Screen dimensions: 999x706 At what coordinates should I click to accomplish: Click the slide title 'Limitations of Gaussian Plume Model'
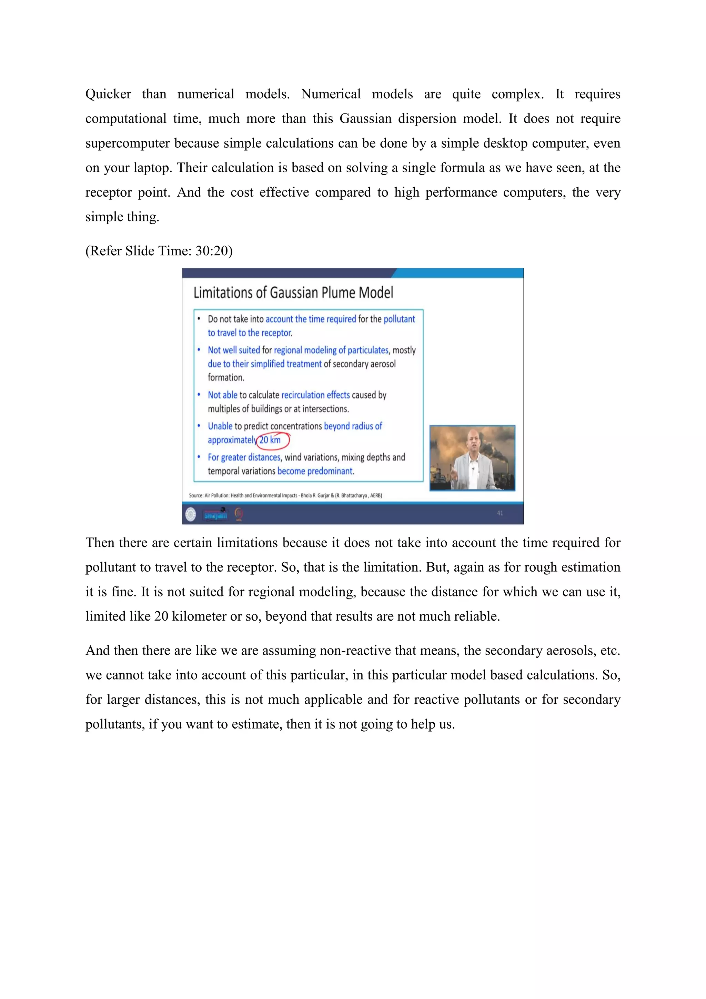click(x=293, y=293)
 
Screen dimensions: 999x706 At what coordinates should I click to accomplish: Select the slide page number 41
click(x=500, y=513)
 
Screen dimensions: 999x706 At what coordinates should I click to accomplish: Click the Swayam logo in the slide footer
click(x=215, y=514)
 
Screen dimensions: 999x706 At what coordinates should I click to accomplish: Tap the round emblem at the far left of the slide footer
click(x=190, y=514)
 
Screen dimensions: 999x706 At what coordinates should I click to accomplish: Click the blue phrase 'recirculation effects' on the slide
click(x=316, y=395)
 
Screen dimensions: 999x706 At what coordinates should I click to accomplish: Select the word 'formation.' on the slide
click(x=226, y=378)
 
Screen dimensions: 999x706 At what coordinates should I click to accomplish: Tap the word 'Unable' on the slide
click(x=220, y=426)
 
